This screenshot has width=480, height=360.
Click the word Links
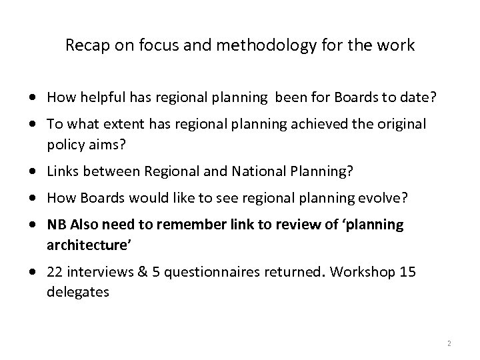[x=62, y=173]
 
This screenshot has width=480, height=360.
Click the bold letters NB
[x=55, y=225]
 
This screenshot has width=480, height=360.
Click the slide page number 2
[x=449, y=343]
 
